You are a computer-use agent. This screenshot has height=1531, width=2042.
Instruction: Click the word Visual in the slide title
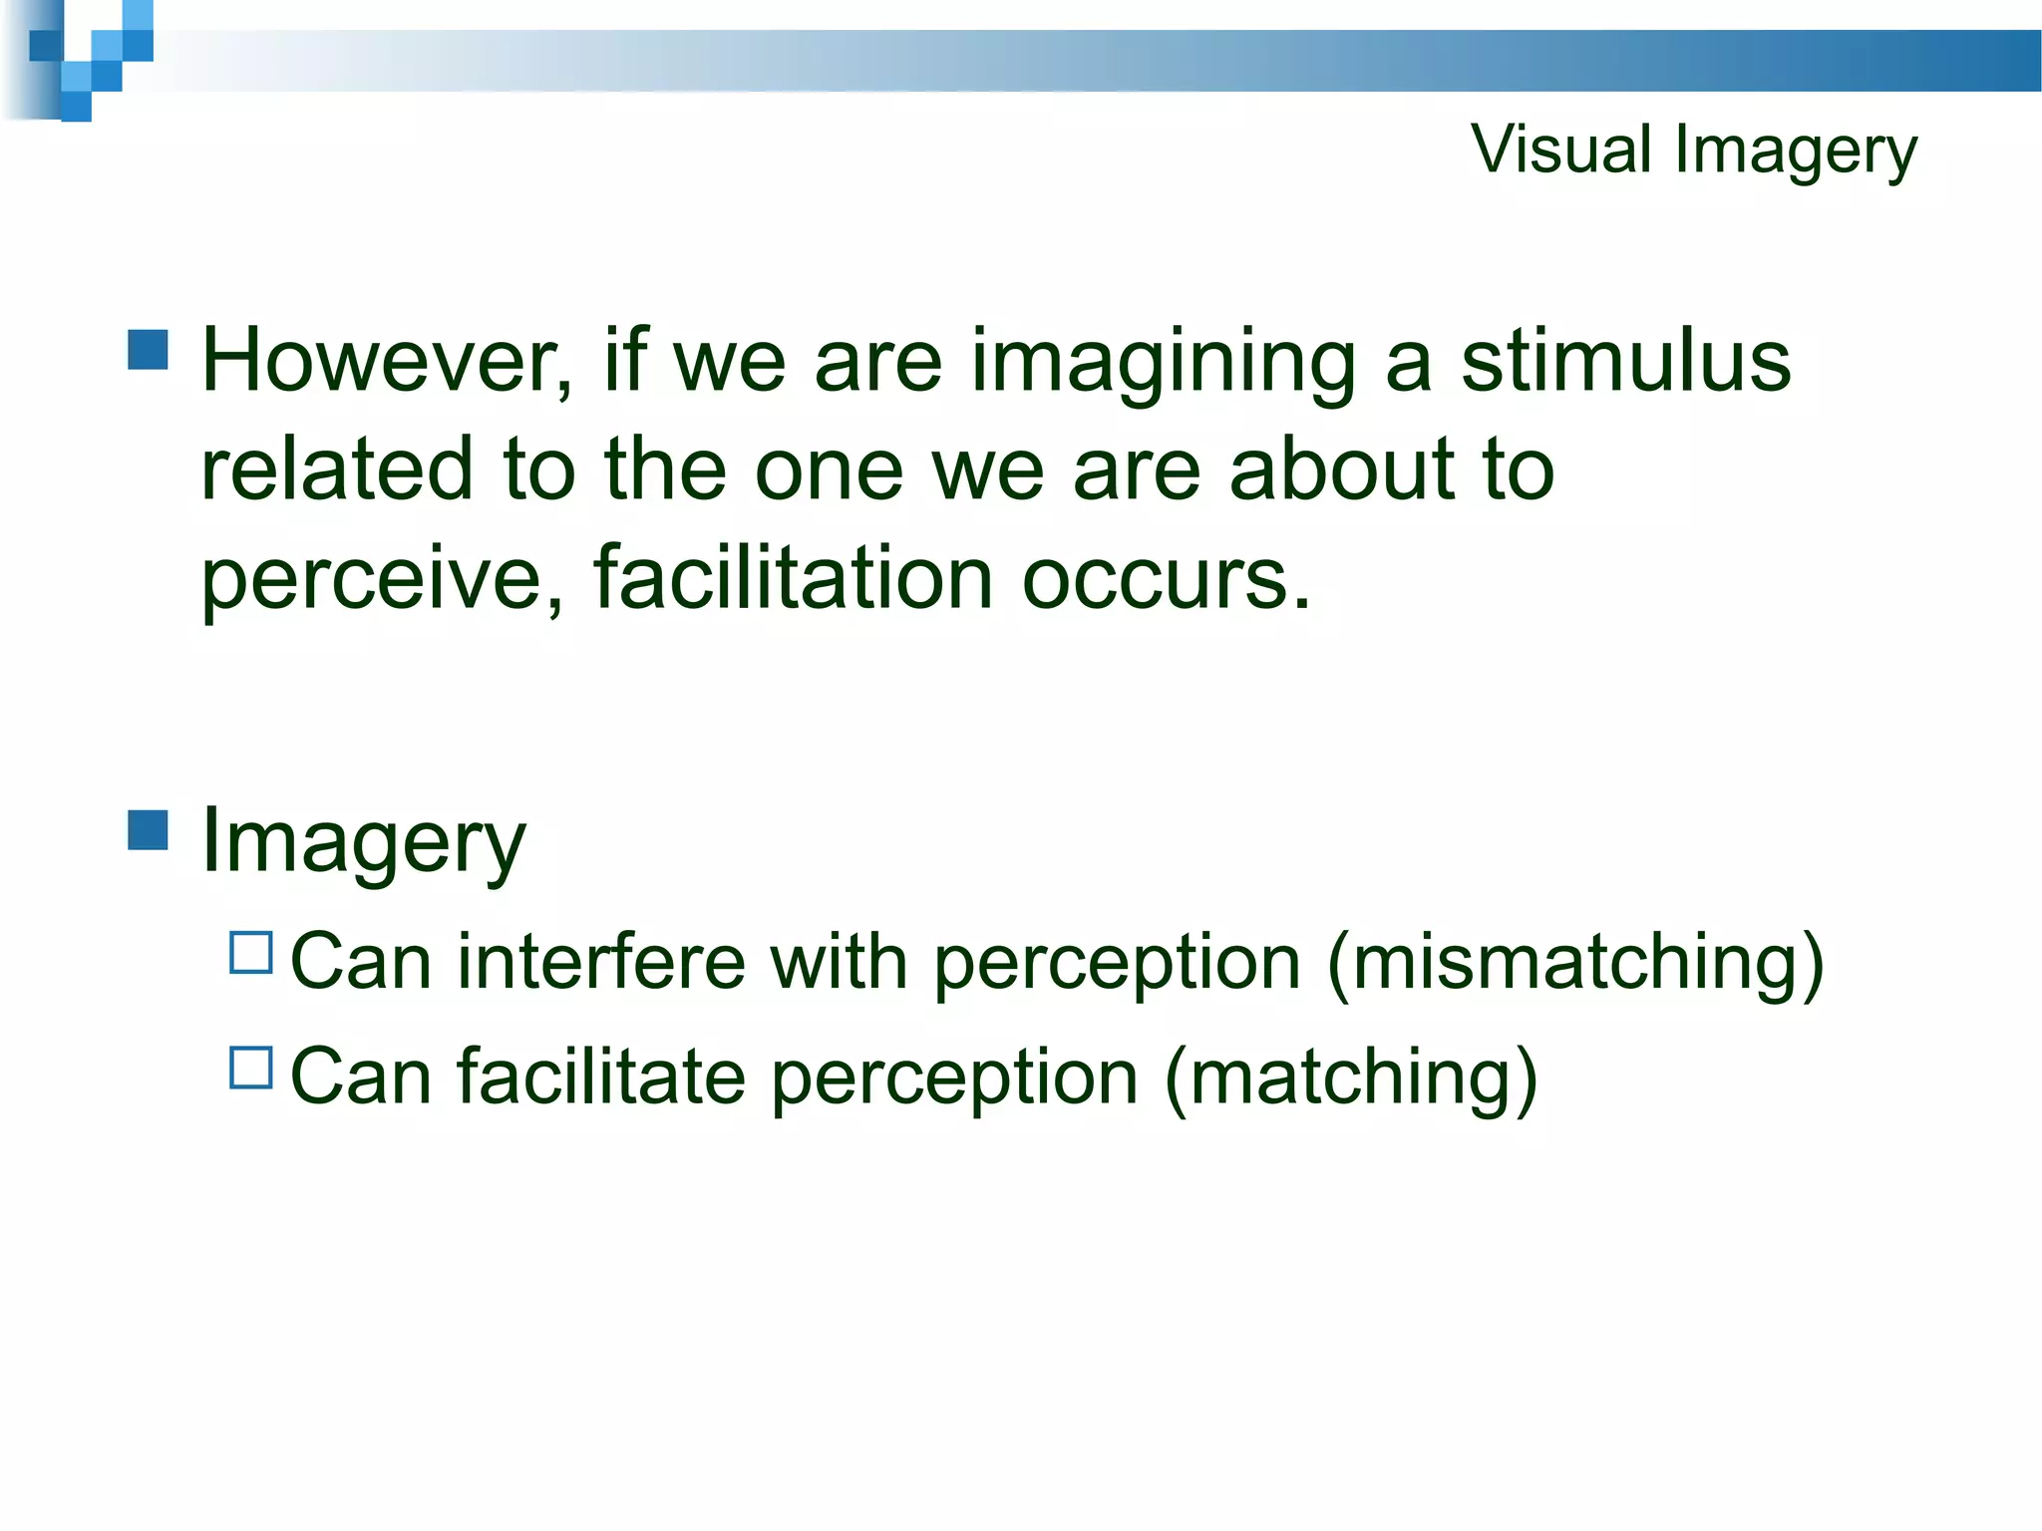pyautogui.click(x=1560, y=150)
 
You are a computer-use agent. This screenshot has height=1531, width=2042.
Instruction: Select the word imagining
pyautogui.click(x=1163, y=364)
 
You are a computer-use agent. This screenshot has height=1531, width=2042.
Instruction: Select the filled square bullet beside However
pyautogui.click(x=149, y=351)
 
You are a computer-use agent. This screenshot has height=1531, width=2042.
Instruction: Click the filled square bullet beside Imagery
pyautogui.click(x=149, y=829)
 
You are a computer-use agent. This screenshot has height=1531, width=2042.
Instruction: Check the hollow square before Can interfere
pyautogui.click(x=250, y=953)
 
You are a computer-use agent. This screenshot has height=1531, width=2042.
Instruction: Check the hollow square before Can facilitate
pyautogui.click(x=250, y=1068)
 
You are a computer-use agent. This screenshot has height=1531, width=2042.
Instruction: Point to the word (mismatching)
pyautogui.click(x=1575, y=964)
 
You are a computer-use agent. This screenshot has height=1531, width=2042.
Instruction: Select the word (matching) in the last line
pyautogui.click(x=1350, y=1079)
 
